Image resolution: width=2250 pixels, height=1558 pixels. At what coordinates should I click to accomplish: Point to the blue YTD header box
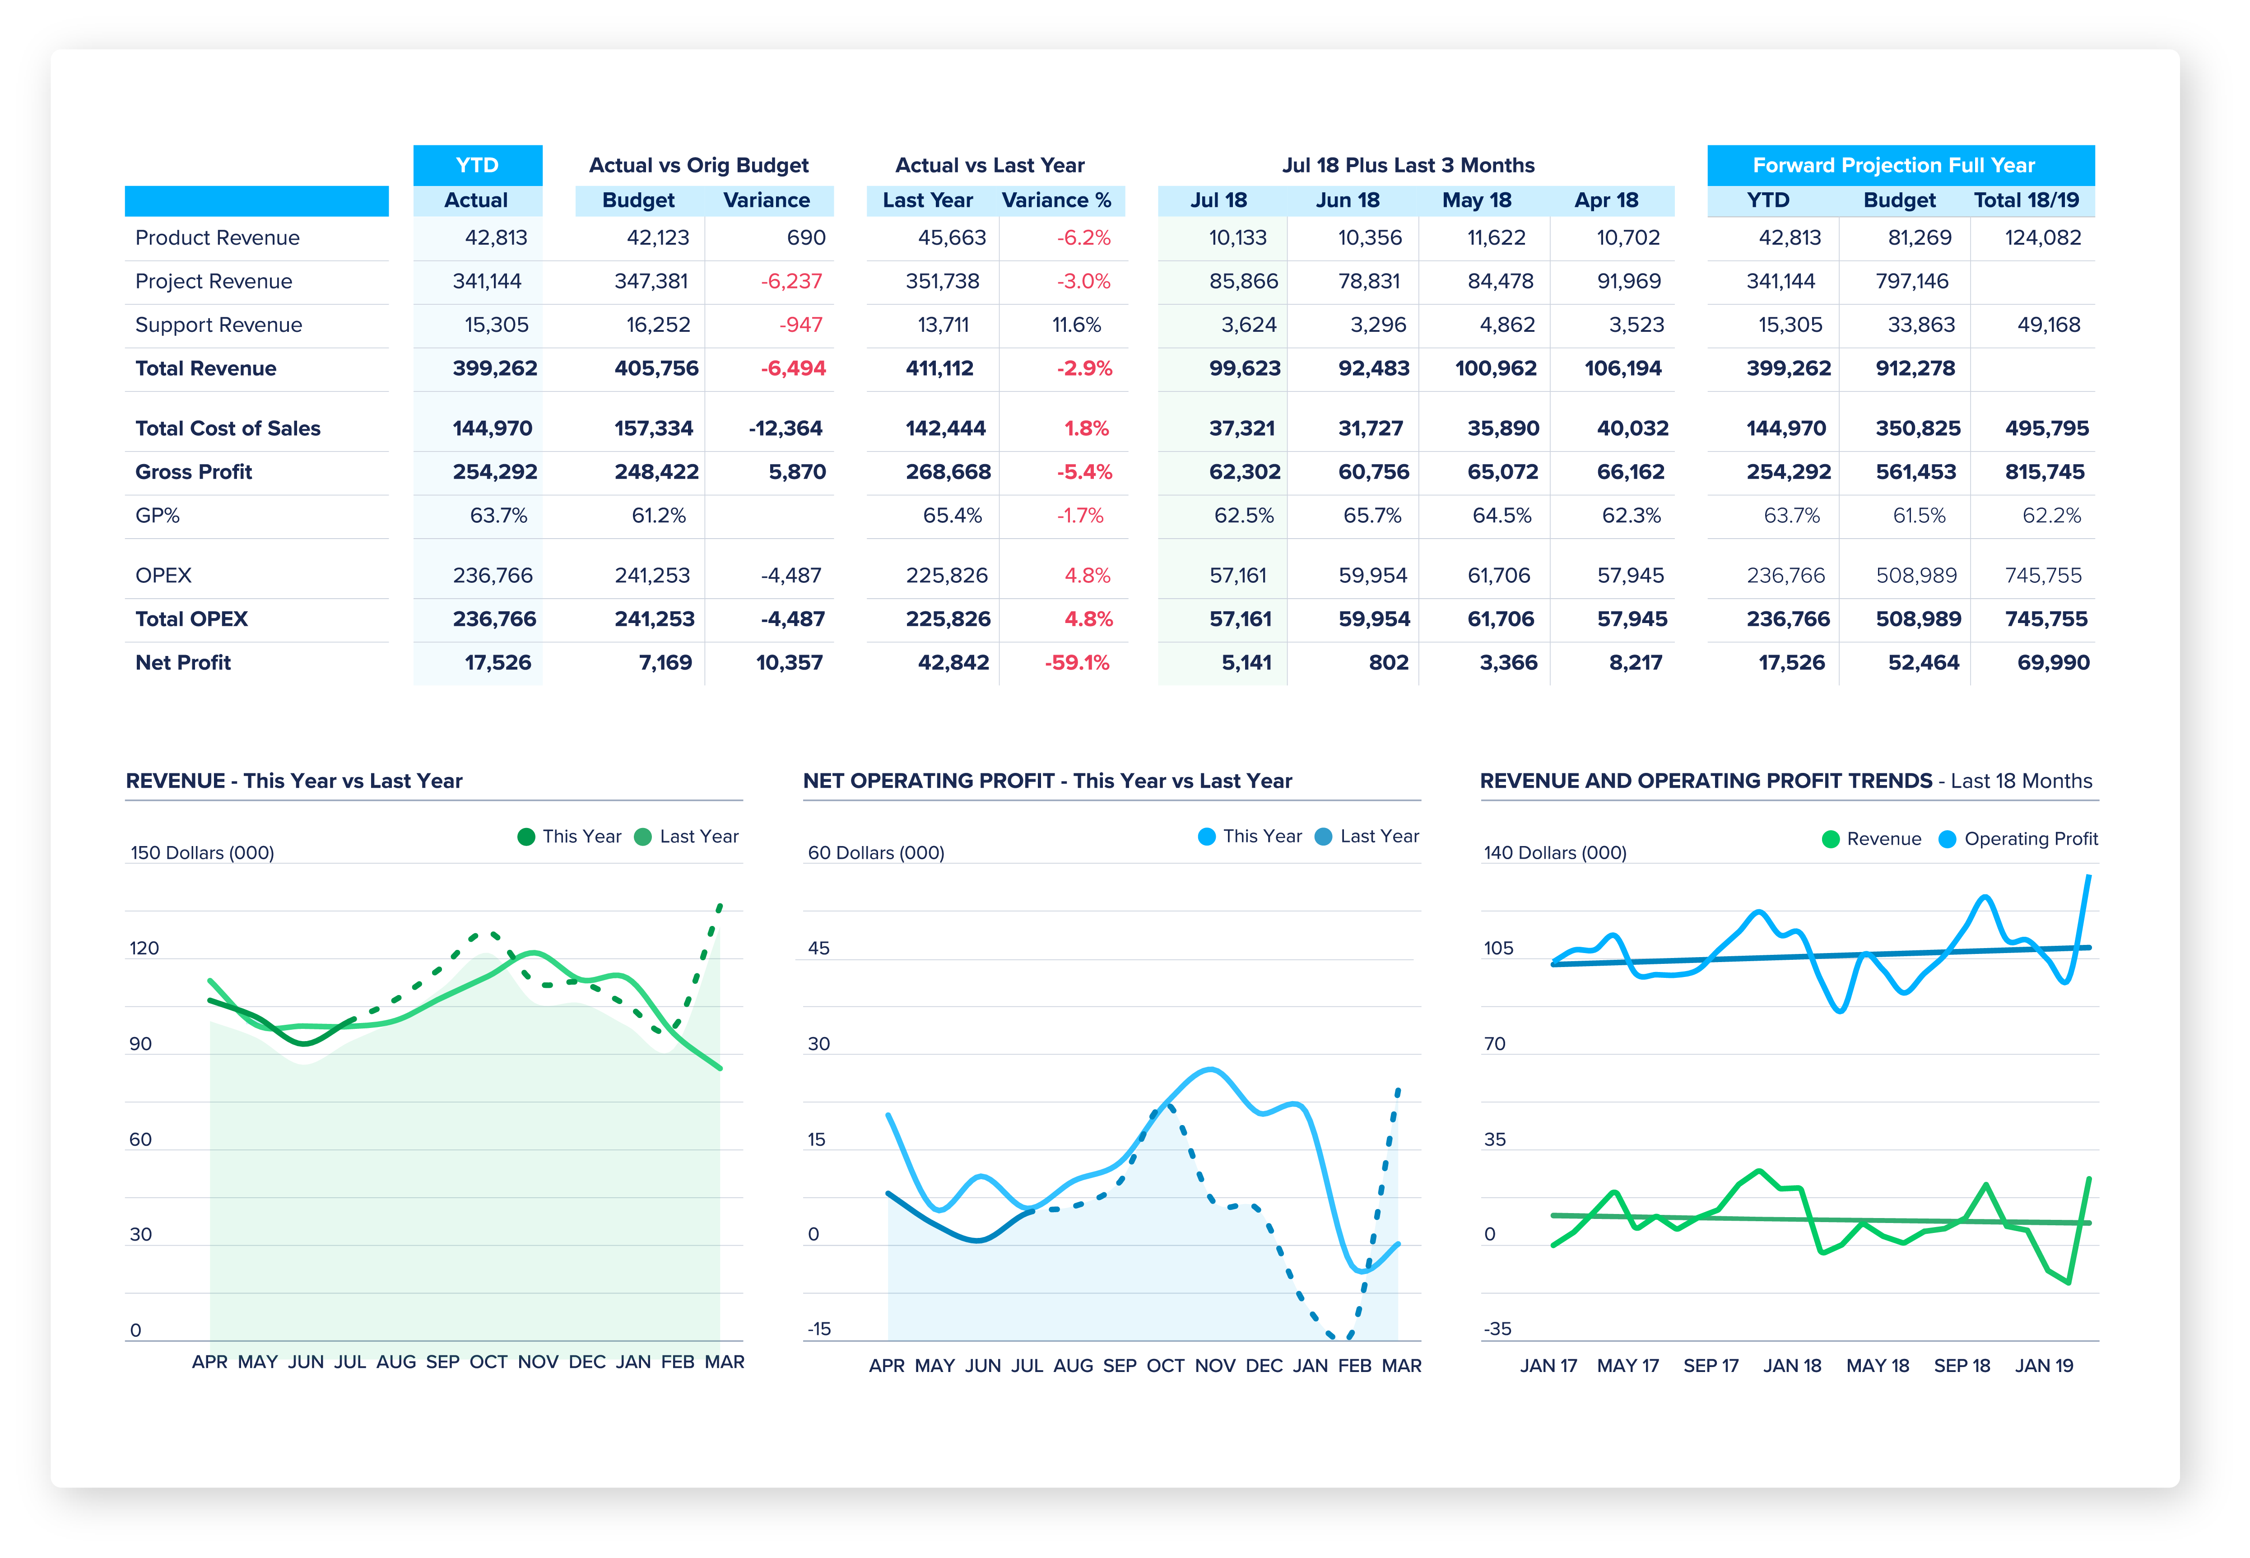click(x=477, y=165)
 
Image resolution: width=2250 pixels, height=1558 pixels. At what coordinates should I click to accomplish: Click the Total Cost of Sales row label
click(x=228, y=428)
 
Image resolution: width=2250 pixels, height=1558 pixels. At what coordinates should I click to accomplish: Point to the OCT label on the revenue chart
click(x=488, y=1362)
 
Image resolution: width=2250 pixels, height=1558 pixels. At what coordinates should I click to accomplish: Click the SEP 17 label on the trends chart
click(x=1710, y=1366)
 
